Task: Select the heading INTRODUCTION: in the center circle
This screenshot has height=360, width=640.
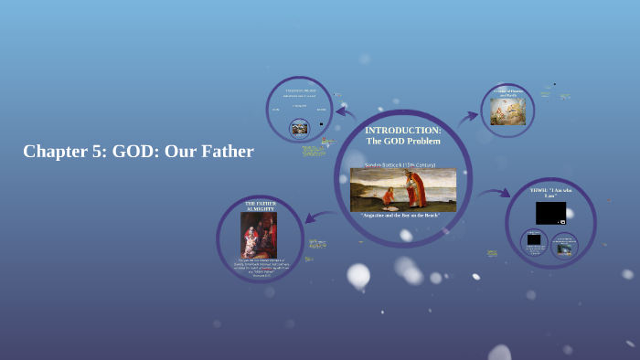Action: coord(402,131)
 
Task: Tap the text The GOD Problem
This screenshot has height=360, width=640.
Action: coord(402,141)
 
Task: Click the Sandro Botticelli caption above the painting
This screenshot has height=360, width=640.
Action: coord(400,164)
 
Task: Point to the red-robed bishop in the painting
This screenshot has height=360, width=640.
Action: coord(416,187)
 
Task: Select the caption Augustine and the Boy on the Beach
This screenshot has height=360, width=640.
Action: coord(401,215)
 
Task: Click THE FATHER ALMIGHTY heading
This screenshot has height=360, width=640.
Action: coord(260,206)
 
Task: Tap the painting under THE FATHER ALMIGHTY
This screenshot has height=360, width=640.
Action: coord(258,235)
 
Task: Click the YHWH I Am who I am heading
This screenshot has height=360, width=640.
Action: coord(550,193)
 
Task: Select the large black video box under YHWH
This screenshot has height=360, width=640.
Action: coord(550,213)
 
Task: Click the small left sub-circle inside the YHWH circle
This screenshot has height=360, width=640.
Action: coord(534,241)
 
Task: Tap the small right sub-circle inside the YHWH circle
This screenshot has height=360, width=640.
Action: coord(564,245)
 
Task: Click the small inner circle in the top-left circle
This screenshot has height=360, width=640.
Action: coord(299,128)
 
